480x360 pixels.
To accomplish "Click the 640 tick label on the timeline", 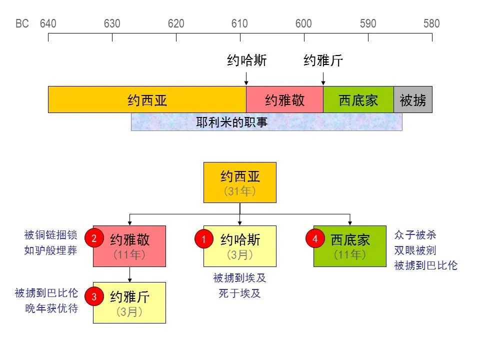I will pos(48,23).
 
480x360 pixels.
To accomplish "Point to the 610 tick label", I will pos(240,23).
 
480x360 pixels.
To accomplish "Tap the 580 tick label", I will pos(431,23).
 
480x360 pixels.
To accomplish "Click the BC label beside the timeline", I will pos(22,23).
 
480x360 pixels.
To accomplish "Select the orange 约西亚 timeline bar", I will pos(147,100).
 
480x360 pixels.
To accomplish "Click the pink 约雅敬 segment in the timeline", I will pos(284,100).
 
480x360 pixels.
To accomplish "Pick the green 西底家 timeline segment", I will pos(358,100).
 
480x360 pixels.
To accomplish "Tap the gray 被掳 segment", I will pos(413,100).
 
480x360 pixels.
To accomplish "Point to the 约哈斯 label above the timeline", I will pos(247,61).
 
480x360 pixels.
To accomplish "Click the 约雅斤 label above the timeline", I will pos(323,61).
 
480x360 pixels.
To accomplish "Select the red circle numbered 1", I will pos(203,240).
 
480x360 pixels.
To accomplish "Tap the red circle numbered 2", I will pos(93,238).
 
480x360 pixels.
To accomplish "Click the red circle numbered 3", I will pos(93,296).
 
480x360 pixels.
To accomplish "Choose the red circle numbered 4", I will pos(315,239).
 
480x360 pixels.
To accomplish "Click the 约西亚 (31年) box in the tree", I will pos(240,182).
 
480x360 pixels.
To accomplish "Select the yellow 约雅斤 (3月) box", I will pos(129,302).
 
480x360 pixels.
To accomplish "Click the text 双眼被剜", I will pos(415,250).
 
